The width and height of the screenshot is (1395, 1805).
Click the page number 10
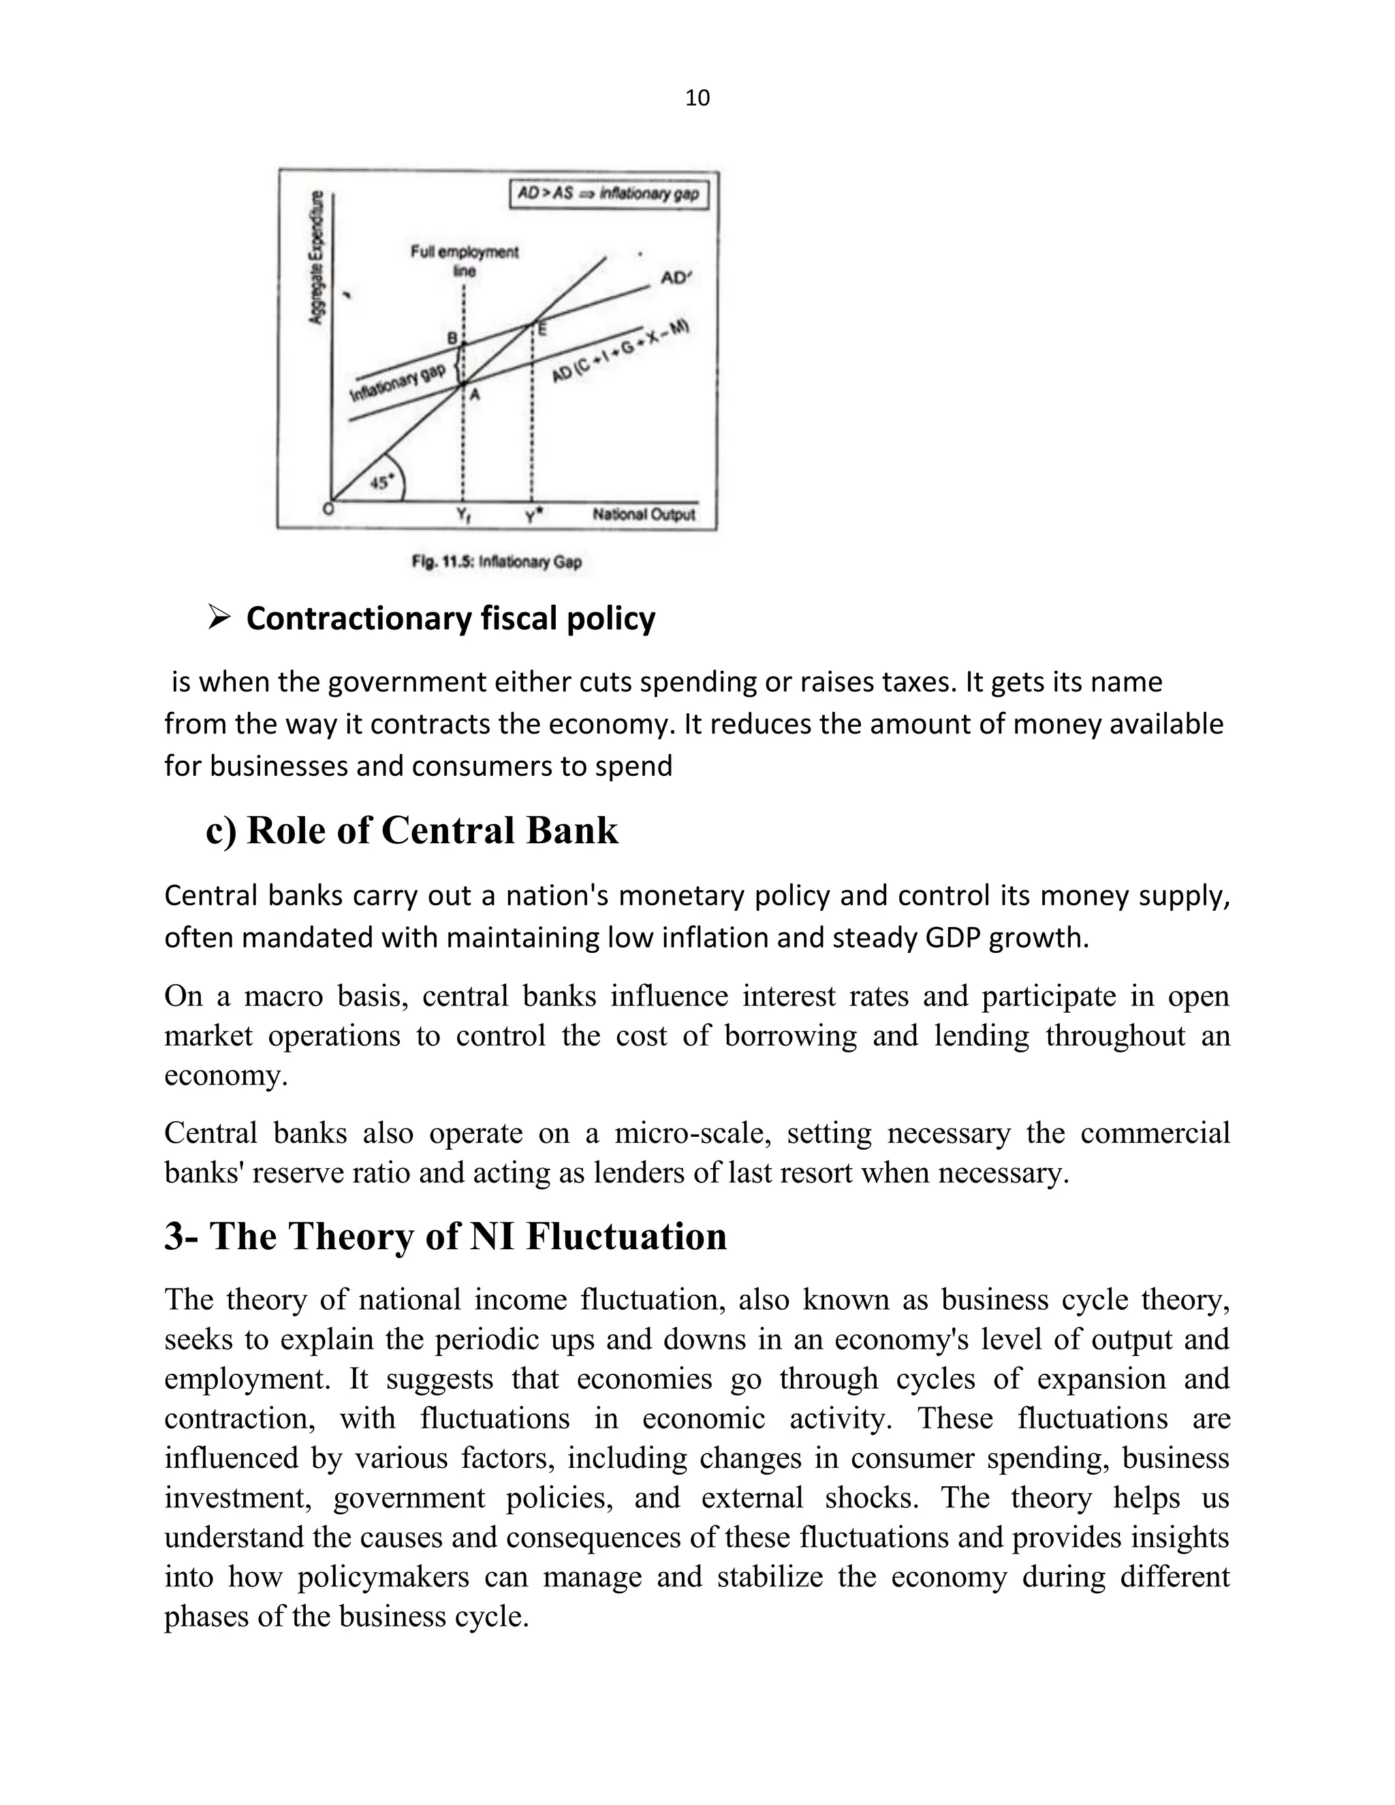(x=697, y=98)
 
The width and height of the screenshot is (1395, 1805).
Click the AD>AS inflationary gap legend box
(x=608, y=194)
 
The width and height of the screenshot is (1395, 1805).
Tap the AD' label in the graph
(x=675, y=279)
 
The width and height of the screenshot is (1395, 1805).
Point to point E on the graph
(x=542, y=329)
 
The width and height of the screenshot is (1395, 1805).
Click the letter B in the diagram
(x=452, y=337)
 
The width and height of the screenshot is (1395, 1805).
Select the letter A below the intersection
(x=474, y=396)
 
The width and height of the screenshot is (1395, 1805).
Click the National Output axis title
(x=643, y=514)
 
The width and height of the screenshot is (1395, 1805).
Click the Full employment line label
(x=465, y=260)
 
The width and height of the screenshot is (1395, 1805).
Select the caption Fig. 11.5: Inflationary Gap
(x=497, y=562)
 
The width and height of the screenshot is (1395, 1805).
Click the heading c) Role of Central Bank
(x=411, y=830)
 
